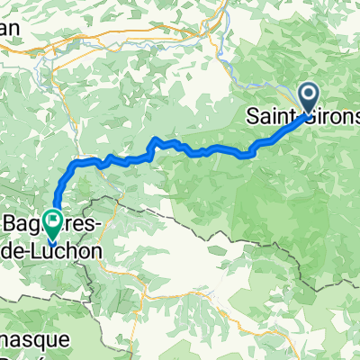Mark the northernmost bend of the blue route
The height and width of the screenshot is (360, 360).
pyautogui.click(x=157, y=139)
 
